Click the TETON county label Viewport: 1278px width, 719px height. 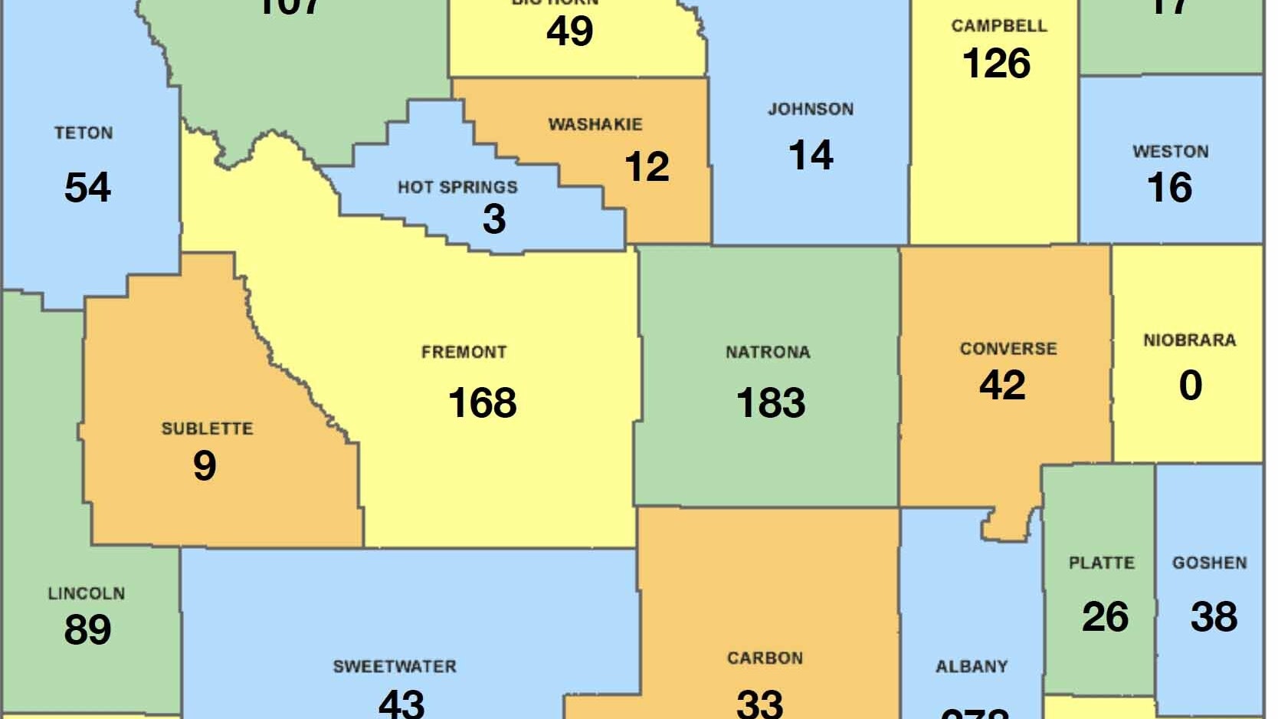click(84, 133)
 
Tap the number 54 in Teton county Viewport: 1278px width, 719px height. click(87, 188)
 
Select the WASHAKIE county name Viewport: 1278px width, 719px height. click(595, 124)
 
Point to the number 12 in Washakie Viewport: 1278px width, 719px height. click(647, 167)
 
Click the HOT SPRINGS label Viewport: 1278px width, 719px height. click(457, 187)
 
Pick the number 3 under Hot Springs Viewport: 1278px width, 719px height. click(494, 219)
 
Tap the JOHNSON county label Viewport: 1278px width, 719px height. click(811, 109)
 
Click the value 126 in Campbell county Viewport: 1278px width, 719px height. click(996, 64)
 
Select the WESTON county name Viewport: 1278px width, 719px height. click(1170, 152)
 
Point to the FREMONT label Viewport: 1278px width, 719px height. click(464, 353)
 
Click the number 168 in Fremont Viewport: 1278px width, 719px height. click(482, 403)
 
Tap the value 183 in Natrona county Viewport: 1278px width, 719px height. click(770, 403)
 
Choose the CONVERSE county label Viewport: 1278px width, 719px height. click(1008, 349)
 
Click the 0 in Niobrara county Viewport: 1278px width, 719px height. click(1190, 385)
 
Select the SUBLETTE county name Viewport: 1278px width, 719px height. click(207, 428)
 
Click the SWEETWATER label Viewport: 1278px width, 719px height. click(395, 667)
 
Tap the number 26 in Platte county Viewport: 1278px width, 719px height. click(1105, 617)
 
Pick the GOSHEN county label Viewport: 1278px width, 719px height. click(1209, 563)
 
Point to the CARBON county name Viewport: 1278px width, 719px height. click(765, 658)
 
